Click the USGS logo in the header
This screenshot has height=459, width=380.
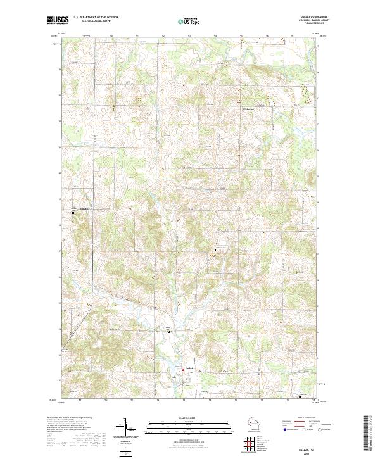pyautogui.click(x=58, y=20)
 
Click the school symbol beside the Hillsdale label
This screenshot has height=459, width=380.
pyautogui.click(x=73, y=213)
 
